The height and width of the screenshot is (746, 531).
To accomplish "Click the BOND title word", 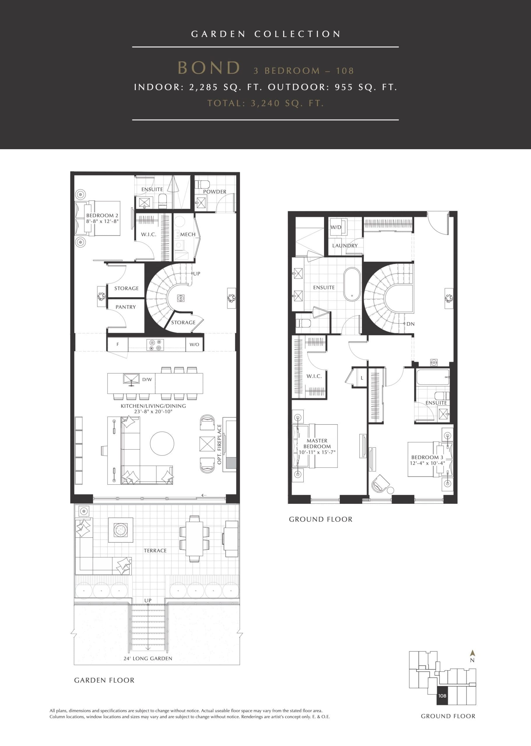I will tap(209, 68).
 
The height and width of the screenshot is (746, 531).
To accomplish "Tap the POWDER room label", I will tap(214, 191).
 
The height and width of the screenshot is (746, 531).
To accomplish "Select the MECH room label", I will tap(188, 234).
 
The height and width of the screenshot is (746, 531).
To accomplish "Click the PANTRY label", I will tap(126, 307).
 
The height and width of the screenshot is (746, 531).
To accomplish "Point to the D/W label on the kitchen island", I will tap(147, 379).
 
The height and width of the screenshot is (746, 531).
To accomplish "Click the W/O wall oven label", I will tap(194, 344).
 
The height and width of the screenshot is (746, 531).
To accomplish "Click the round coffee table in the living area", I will tap(162, 444).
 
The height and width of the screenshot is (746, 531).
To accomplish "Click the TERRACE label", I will tap(155, 551).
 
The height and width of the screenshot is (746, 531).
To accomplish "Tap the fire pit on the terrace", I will tap(120, 530).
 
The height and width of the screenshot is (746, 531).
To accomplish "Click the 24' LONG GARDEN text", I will tap(148, 658).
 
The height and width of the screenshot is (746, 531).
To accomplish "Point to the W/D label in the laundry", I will tap(336, 227).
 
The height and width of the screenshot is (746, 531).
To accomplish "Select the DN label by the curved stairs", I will tap(410, 324).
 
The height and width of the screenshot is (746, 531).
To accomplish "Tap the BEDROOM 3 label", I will tap(427, 457).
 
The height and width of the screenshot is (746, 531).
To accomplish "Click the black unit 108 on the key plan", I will tap(442, 696).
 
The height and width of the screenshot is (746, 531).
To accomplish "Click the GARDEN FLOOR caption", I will tap(104, 680).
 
